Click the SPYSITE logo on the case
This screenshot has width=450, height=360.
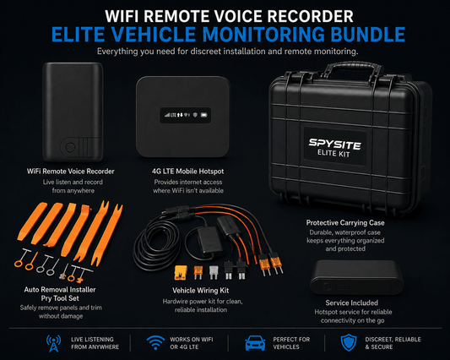click(334, 144)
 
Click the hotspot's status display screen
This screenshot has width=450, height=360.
click(186, 115)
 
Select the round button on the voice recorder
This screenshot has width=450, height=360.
click(70, 147)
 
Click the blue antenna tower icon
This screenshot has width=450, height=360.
click(53, 343)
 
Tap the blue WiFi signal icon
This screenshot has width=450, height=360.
click(155, 342)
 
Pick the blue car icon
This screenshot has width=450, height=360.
click(255, 343)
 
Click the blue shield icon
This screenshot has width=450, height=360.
click(349, 342)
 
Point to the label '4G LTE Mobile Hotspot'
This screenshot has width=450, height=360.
click(187, 172)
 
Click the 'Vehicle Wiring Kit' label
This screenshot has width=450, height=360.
click(201, 291)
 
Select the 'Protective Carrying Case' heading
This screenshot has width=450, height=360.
click(345, 222)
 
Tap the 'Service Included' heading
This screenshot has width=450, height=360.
click(351, 303)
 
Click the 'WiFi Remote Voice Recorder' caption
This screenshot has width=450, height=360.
click(71, 172)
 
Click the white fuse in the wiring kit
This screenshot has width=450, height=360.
click(214, 272)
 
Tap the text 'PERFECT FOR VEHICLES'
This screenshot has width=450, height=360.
click(291, 343)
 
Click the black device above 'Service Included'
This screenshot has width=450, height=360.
click(357, 277)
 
